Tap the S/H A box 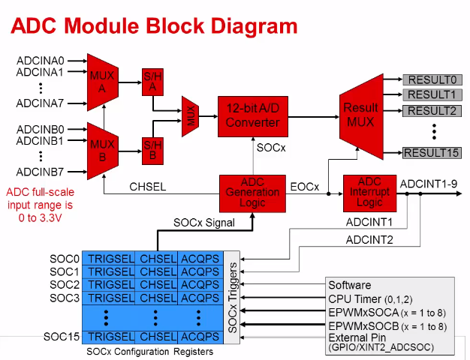[152, 80]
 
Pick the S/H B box [152, 150]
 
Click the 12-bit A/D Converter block [252, 116]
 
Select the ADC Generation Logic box [252, 192]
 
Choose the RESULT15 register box [432, 153]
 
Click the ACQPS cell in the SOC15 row [200, 337]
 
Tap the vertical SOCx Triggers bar [233, 298]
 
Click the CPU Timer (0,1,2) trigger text [371, 298]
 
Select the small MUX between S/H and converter [191, 116]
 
